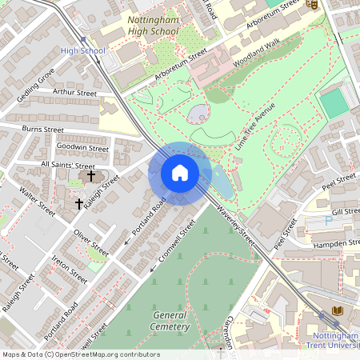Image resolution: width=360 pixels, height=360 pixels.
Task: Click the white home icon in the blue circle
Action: coord(180,172)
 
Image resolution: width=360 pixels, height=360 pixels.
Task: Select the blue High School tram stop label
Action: coord(83,51)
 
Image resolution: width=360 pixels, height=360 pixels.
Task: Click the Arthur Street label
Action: coord(74,93)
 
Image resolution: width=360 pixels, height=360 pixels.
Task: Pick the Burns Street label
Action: coord(42,128)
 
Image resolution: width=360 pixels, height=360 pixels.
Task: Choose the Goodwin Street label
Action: coord(82,148)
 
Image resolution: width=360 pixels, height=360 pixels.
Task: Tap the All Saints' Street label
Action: coord(68,165)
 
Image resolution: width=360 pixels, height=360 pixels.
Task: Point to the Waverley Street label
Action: coord(235,226)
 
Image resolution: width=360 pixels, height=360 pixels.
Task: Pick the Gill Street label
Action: coord(346,210)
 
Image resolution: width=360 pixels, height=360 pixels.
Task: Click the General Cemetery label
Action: coord(170,320)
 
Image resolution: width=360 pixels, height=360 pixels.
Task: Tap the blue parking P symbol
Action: coord(328,220)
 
